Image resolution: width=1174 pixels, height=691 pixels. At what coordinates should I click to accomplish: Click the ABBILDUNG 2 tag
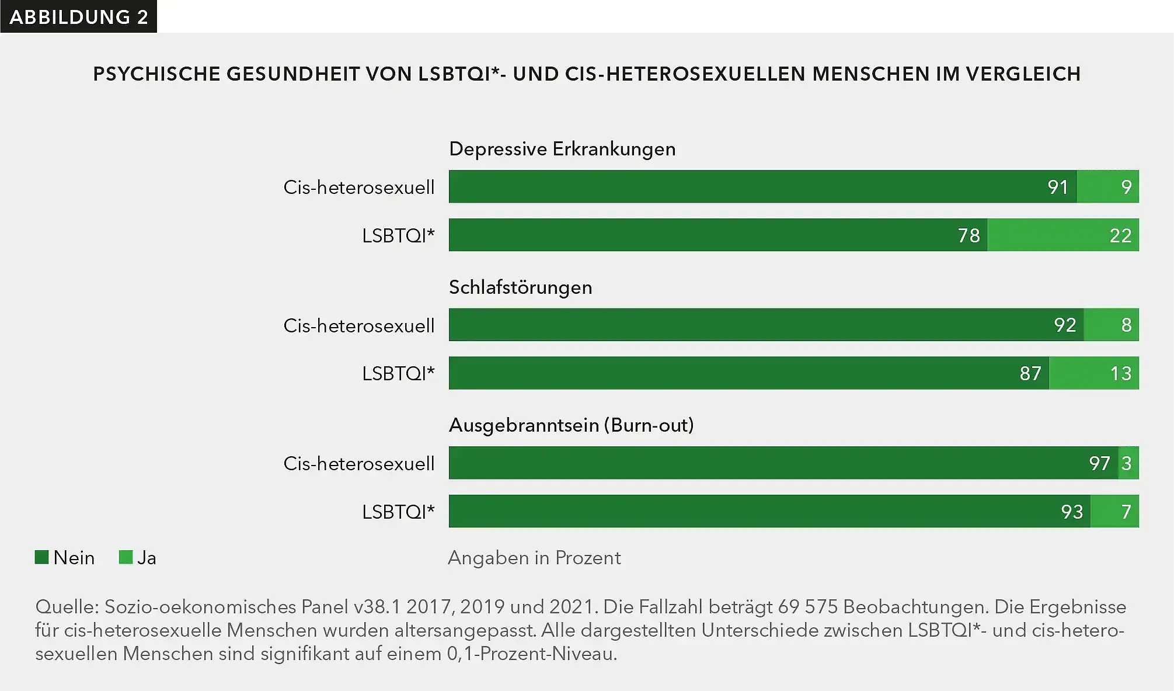coord(78,17)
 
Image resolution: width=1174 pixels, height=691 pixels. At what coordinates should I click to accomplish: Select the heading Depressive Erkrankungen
coord(562,150)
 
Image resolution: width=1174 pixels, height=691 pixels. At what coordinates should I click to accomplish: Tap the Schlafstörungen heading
coord(520,287)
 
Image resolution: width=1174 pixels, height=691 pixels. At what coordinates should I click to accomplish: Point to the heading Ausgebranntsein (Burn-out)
coord(571,425)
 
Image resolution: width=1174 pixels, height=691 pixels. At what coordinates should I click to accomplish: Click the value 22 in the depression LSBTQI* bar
coord(1120,235)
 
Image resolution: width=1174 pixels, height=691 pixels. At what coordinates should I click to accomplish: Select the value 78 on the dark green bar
coord(969,235)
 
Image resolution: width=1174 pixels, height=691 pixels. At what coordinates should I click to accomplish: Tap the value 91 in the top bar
coord(1057,187)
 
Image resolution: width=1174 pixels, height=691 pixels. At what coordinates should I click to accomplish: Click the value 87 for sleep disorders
coord(1030,373)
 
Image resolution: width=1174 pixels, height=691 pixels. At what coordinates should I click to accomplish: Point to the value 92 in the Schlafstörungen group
coord(1064,325)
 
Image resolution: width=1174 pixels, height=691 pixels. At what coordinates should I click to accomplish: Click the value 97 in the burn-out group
coord(1099,463)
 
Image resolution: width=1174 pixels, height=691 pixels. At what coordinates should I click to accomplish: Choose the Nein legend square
coord(41,557)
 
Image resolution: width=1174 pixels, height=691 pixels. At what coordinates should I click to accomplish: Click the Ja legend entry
coord(138,558)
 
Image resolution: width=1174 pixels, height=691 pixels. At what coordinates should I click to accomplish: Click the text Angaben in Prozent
coord(534,558)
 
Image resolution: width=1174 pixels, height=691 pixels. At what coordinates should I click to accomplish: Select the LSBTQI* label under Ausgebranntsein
coord(398,512)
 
